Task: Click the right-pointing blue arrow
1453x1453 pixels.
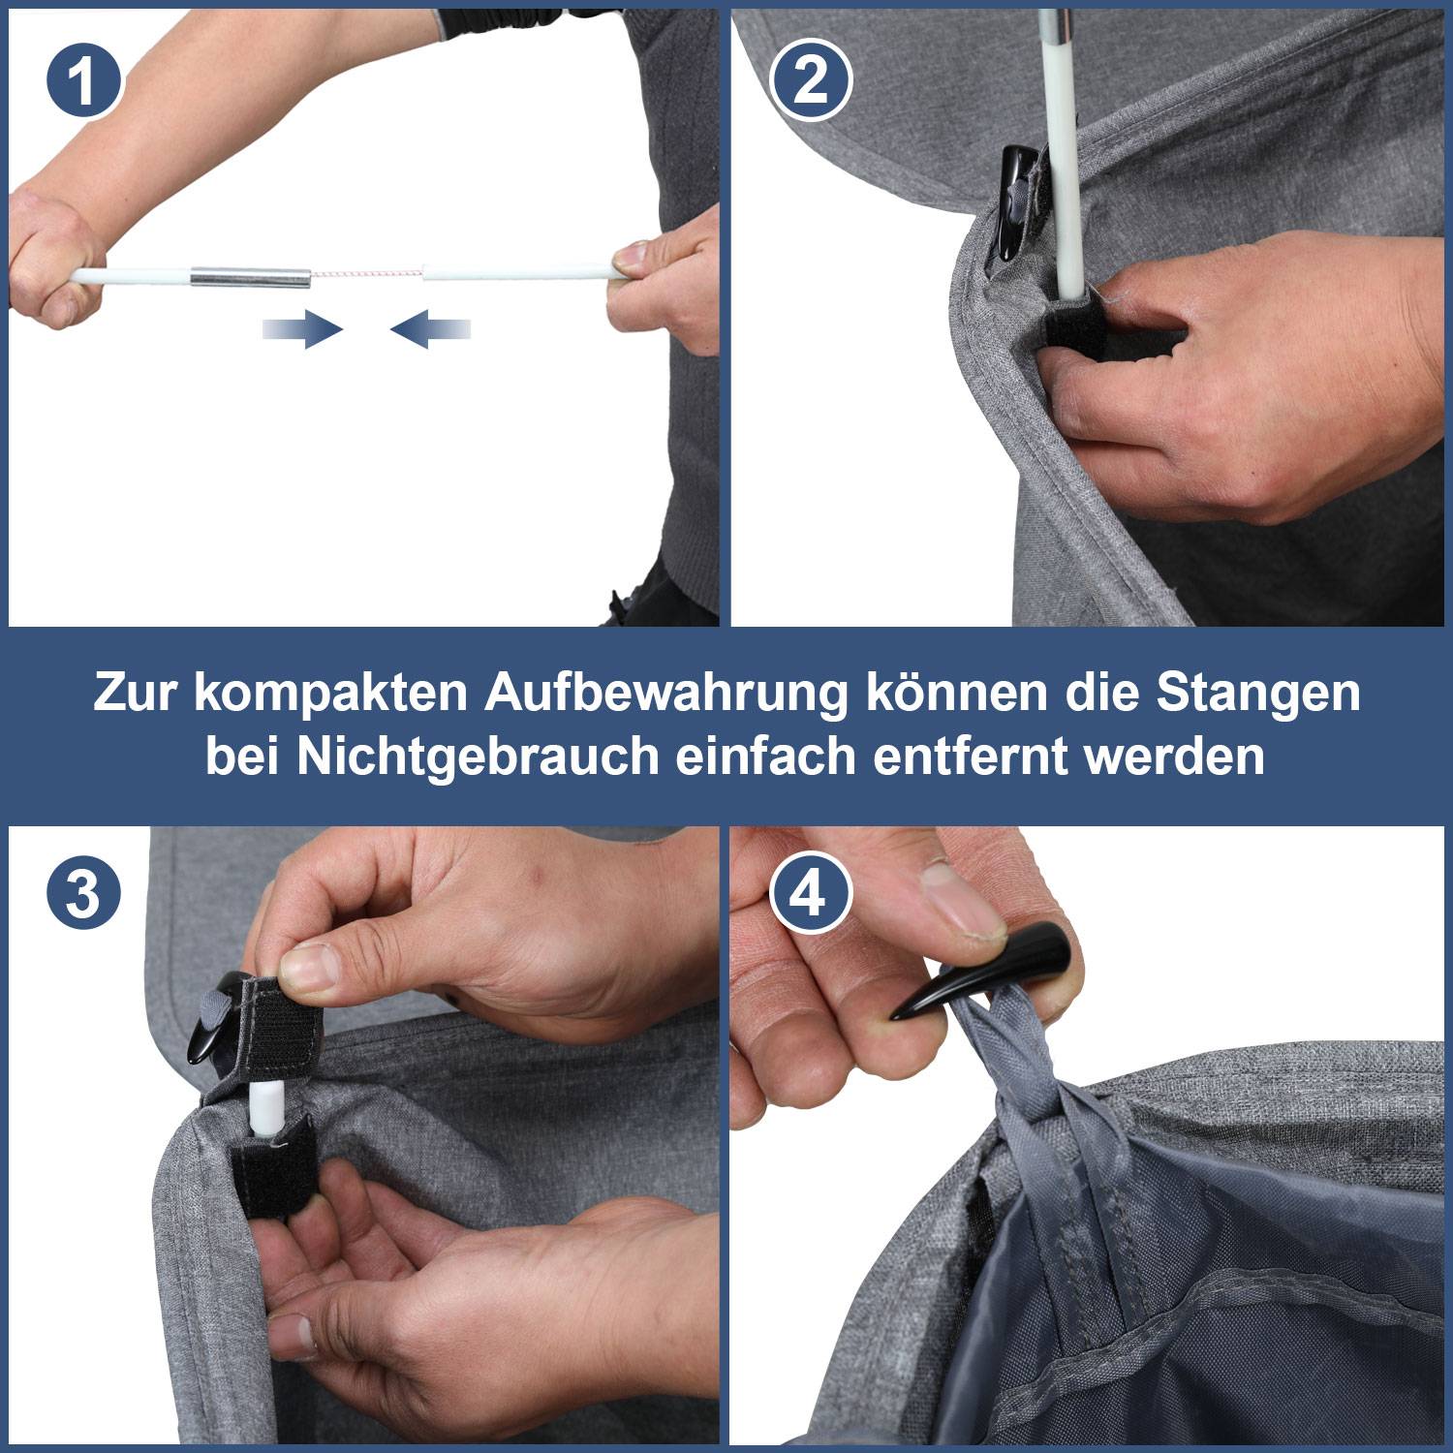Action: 302,329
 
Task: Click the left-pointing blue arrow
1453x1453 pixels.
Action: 430,329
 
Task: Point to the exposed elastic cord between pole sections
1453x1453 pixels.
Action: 366,275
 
